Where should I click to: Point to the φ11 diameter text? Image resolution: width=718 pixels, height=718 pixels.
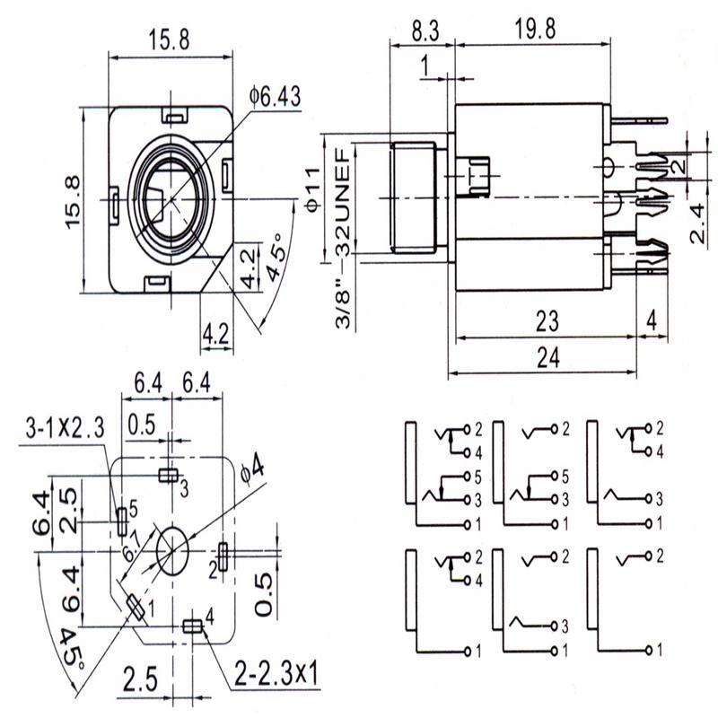tap(313, 189)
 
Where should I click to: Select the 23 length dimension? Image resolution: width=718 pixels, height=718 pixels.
tap(547, 319)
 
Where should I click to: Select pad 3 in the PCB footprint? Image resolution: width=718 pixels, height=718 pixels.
tap(168, 475)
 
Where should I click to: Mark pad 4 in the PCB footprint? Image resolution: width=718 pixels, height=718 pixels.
tap(191, 626)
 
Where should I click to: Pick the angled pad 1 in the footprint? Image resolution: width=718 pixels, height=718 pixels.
tap(136, 608)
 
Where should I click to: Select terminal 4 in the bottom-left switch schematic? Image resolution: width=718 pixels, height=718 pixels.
tap(468, 580)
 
